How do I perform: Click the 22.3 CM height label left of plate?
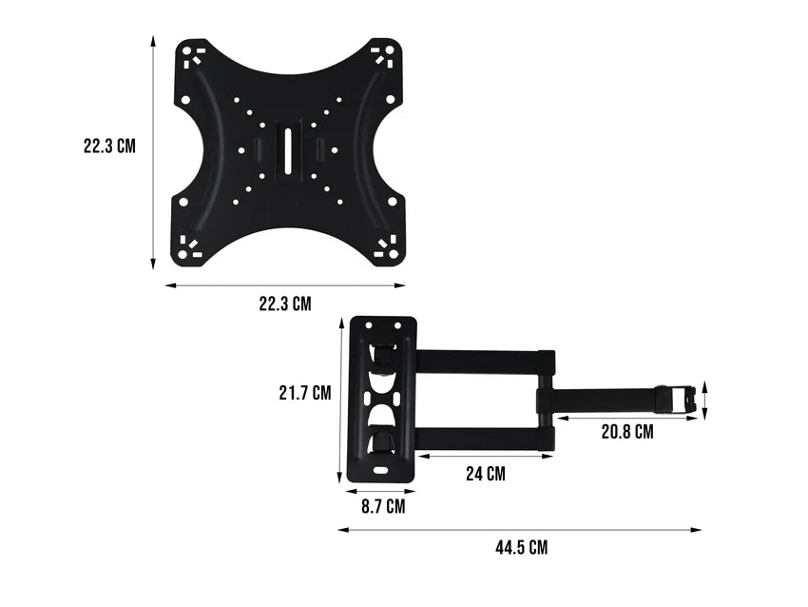tap(109, 147)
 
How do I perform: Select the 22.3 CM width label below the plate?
tap(285, 304)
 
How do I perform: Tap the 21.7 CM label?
tap(304, 392)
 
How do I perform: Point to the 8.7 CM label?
tap(382, 507)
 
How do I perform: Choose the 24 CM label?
tap(485, 474)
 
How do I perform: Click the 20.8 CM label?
tap(627, 431)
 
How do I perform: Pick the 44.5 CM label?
tap(521, 547)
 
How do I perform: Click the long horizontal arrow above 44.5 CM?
tap(520, 530)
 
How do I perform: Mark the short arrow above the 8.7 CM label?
tap(380, 490)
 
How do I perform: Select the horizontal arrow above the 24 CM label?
tap(485, 457)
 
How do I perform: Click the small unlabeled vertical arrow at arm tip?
tap(704, 399)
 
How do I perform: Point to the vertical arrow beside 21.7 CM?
tap(339, 401)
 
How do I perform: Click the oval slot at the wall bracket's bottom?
tap(381, 469)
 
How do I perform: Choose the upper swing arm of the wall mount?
tap(480, 361)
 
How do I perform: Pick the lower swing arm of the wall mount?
tap(480, 438)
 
